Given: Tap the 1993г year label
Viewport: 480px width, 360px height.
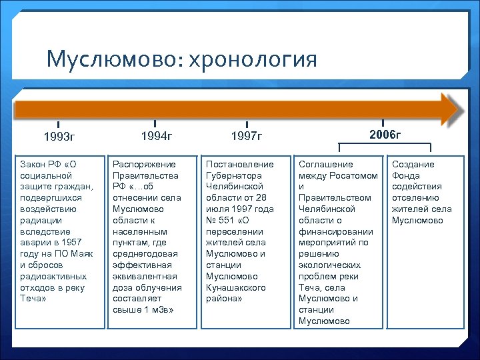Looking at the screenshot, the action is coord(59,138).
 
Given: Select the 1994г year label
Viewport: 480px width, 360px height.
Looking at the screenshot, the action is coord(156,137).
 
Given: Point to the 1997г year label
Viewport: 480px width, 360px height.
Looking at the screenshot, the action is coord(247,137).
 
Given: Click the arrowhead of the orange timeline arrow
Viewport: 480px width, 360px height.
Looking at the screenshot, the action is coord(451,109).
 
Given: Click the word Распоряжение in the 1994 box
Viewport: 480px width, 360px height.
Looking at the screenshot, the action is coord(144,164).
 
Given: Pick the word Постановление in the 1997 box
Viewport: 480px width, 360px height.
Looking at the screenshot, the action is coord(240,164).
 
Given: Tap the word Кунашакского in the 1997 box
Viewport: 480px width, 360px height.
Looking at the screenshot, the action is coord(236,288).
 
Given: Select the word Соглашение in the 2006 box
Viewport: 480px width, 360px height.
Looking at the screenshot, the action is coord(326,164).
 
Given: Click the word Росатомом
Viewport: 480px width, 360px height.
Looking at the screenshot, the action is coord(355,175).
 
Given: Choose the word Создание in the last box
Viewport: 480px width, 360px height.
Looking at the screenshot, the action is coord(413,164).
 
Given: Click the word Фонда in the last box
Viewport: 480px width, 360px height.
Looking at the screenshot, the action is coord(405,175).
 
